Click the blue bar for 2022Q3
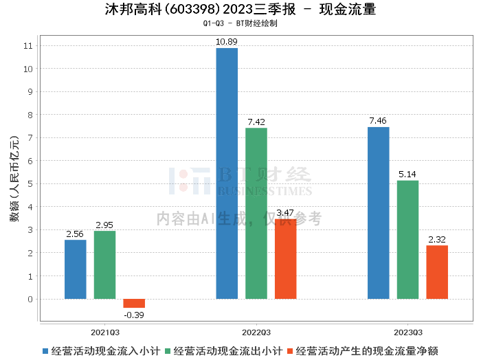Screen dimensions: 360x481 click(x=227, y=173)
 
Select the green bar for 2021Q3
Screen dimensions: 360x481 click(x=104, y=265)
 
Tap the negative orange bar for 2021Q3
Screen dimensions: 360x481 click(x=134, y=303)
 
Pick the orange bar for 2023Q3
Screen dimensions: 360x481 click(x=437, y=272)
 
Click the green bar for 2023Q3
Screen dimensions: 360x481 click(x=407, y=240)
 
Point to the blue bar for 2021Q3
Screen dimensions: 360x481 click(x=76, y=269)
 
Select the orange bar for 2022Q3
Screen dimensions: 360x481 click(x=286, y=259)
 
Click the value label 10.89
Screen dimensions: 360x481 click(x=227, y=42)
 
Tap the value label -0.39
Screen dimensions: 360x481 click(x=134, y=315)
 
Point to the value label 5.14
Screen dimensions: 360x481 click(x=407, y=175)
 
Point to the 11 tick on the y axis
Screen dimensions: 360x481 click(x=28, y=45)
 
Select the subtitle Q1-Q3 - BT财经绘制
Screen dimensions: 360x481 click(x=240, y=23)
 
